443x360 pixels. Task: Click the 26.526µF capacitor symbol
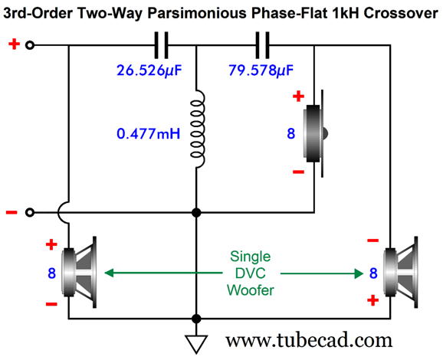tap(161, 45)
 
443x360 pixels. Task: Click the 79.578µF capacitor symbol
tap(262, 45)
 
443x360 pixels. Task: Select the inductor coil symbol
tap(198, 129)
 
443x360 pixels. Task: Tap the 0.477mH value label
tap(149, 133)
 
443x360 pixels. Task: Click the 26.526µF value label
tap(149, 70)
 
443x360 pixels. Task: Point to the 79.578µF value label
tap(261, 70)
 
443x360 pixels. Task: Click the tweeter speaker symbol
tap(315, 133)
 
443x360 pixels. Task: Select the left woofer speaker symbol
tap(79, 272)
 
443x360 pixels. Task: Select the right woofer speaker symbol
tap(401, 272)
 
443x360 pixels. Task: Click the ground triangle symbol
tap(196, 343)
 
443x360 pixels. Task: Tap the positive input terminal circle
tap(30, 45)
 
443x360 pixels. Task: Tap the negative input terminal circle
tap(30, 212)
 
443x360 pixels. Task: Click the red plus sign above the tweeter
tap(298, 97)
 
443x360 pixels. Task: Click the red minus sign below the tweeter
tap(298, 172)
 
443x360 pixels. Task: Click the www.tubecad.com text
tap(309, 340)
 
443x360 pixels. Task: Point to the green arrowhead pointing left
tap(109, 273)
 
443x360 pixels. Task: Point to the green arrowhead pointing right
tap(359, 273)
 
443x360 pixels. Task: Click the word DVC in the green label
tap(251, 273)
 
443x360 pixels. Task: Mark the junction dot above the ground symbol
tap(196, 319)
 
